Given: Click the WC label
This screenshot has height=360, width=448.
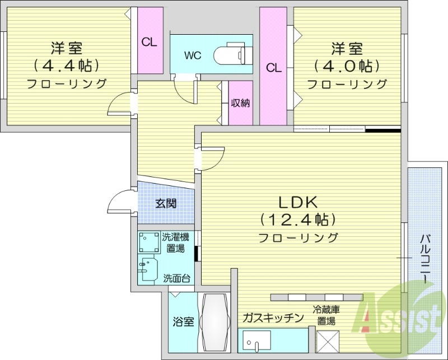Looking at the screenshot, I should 193,55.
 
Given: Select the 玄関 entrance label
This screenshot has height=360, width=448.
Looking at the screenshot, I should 166,203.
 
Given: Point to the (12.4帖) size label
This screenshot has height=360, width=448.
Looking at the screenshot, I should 298,218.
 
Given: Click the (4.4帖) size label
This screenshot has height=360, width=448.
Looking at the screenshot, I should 67,66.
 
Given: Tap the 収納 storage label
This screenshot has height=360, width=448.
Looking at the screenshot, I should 240,103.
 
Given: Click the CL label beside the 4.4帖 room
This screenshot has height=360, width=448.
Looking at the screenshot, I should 149,41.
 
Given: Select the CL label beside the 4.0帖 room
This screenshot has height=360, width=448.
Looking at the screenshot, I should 273,68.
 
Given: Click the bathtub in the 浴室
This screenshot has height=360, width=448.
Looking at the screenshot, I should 214,322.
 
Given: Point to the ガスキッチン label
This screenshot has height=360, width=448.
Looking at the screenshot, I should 273,317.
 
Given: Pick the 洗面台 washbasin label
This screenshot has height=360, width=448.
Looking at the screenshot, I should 176,278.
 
